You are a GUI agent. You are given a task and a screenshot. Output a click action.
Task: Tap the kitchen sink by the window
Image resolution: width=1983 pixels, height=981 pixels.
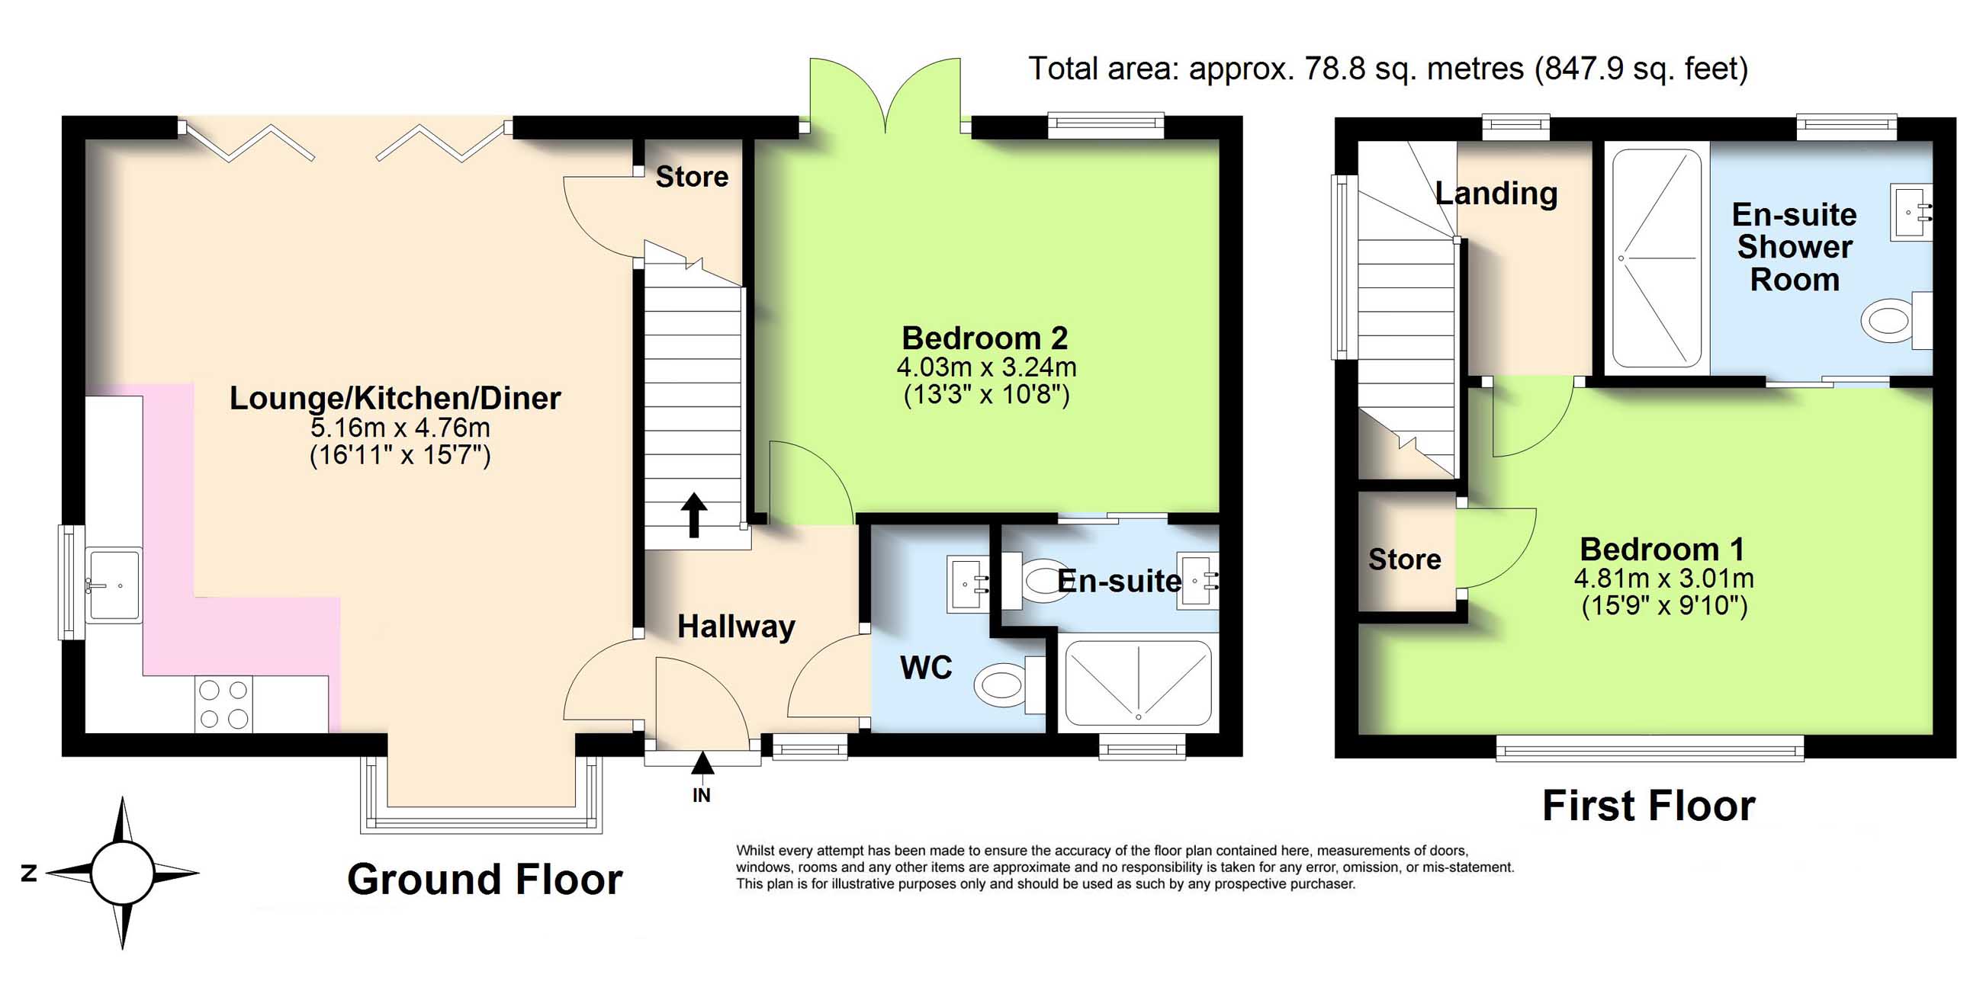[x=113, y=585]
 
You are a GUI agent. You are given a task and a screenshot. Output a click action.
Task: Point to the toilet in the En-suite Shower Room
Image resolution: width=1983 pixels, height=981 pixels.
[x=1896, y=319]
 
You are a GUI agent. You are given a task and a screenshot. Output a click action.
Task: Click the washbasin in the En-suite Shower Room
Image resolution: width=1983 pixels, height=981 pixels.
[x=1911, y=212]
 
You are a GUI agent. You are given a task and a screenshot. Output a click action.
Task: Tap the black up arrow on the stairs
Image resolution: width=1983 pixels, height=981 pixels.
[x=693, y=515]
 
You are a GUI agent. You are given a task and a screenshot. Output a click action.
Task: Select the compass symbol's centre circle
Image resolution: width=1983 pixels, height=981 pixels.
[x=122, y=874]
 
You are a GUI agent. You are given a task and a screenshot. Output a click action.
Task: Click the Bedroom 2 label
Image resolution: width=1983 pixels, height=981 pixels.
[x=985, y=338]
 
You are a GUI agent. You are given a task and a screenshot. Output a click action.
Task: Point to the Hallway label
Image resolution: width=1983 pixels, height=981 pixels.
[x=736, y=627]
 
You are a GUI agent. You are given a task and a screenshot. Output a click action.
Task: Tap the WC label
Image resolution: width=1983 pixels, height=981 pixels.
[x=926, y=667]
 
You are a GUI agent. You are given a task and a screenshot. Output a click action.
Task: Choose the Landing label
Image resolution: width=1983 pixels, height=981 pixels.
[x=1496, y=193]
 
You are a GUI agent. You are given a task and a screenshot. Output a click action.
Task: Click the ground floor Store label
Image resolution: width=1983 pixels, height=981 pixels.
[x=692, y=177]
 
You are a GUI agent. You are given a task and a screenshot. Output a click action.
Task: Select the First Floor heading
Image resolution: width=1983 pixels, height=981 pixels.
[x=1649, y=806]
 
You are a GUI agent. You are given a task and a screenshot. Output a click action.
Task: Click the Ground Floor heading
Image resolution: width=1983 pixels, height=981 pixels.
[x=485, y=880]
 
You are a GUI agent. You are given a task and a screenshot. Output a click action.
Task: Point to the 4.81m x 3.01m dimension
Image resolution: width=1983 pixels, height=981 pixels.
[x=1664, y=579]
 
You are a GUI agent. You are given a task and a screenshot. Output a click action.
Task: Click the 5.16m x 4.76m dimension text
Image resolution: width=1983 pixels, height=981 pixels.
[x=400, y=427]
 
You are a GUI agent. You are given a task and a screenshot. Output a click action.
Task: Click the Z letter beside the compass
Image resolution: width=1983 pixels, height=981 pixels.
[x=29, y=874]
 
